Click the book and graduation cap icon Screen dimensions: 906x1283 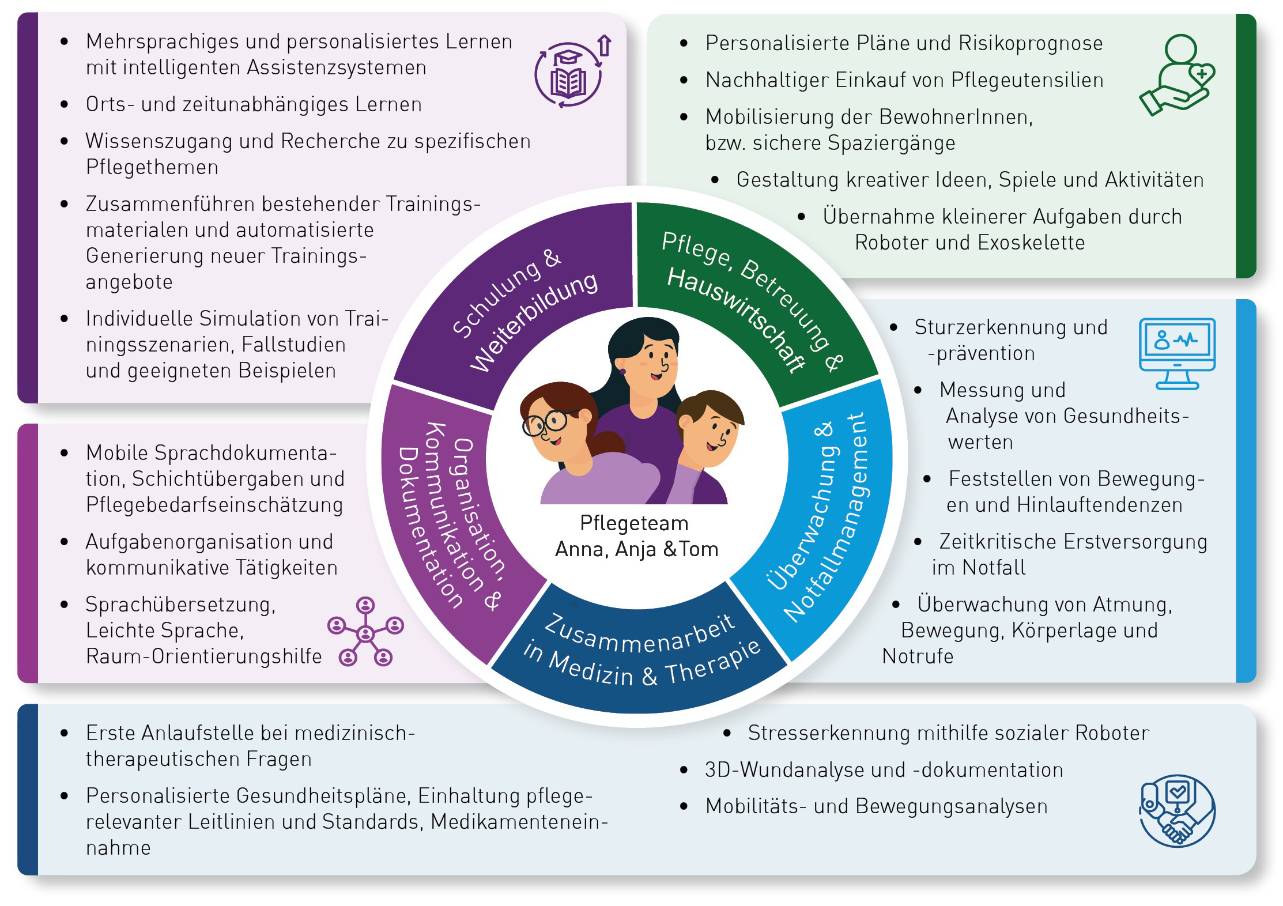pos(569,74)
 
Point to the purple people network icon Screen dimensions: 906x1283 pos(365,632)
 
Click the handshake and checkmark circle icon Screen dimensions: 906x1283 pos(1177,810)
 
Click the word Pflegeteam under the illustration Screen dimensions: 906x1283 pos(634,523)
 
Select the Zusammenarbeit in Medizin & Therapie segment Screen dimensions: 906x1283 pos(640,651)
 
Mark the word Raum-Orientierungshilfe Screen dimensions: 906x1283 pos(203,656)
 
